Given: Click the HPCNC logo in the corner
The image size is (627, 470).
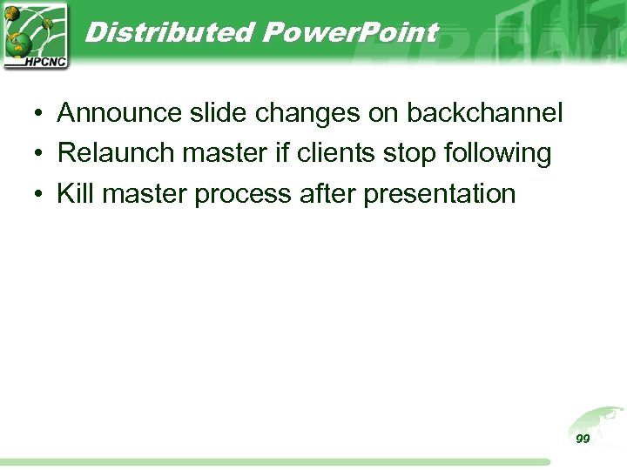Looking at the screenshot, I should pos(36,36).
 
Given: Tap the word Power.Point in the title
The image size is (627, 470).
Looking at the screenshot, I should pos(349,33).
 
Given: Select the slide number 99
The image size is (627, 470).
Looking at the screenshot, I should pos(583,439).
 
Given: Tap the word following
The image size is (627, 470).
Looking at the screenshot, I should pos(497,154).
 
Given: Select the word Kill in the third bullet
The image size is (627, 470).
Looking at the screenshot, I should pos(75,193).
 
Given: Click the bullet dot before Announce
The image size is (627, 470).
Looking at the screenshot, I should pos(40,114).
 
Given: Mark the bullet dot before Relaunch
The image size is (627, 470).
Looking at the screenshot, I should pos(40,154).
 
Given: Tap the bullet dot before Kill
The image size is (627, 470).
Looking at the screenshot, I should pos(40,194).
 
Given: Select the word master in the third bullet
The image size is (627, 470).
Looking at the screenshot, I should pos(145,193).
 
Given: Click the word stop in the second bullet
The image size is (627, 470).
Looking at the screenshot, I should pos(411,154).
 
